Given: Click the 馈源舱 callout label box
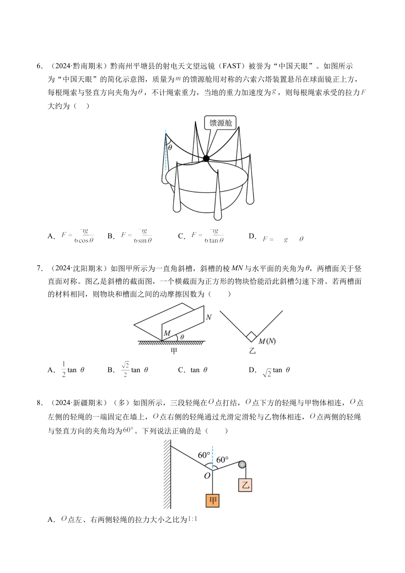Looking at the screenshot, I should point(220,123).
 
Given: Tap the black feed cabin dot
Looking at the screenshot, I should point(206,159).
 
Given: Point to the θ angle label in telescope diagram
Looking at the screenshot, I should point(170,148).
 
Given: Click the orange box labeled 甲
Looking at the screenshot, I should point(212,501).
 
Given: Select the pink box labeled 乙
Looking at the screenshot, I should point(245,485).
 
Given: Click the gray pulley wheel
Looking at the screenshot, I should point(242,465).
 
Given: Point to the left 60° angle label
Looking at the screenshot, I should point(204,455).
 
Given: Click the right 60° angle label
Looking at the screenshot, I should point(222,460).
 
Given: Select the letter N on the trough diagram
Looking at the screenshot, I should point(208,317).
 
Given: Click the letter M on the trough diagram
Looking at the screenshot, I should point(167,333).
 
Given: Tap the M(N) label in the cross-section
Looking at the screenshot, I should point(267,341).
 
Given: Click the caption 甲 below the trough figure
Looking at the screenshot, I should point(174,351).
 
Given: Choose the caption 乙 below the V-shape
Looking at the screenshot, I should point(252,351).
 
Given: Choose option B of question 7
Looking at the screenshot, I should point(128,370).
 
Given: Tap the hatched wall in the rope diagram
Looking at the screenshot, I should point(167,473).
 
